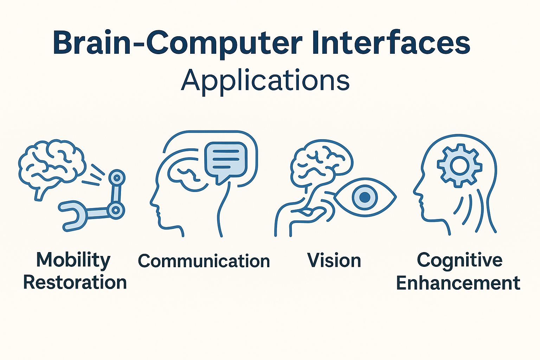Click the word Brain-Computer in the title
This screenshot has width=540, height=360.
pos(178,43)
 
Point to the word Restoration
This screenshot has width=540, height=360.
pos(75,282)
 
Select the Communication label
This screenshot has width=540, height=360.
pos(204,261)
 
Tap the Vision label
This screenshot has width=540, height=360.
pos(334,260)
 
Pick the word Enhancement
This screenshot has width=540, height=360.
pos(458,283)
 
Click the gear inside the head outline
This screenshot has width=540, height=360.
pos(460,166)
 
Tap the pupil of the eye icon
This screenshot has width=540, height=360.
pos(365,197)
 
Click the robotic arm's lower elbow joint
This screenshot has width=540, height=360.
pos(116,210)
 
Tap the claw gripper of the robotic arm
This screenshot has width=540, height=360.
pos(72,216)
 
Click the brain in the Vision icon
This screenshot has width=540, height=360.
pos(321,164)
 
